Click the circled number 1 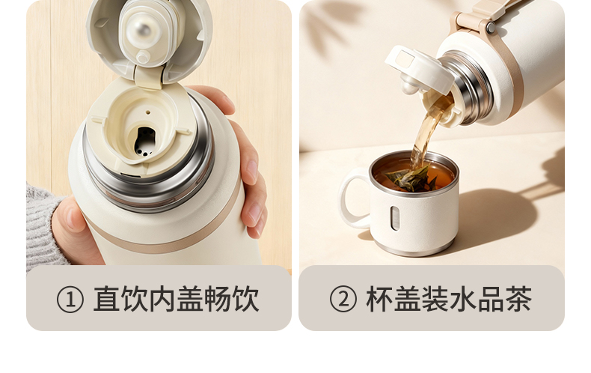pyautogui.click(x=70, y=300)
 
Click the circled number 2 pyautogui.click(x=343, y=299)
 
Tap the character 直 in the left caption pyautogui.click(x=107, y=299)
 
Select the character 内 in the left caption pyautogui.click(x=163, y=299)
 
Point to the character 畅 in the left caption pyautogui.click(x=218, y=299)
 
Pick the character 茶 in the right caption pyautogui.click(x=518, y=299)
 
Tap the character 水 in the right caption pyautogui.click(x=463, y=299)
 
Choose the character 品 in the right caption pyautogui.click(x=491, y=299)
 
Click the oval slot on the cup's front pyautogui.click(x=394, y=218)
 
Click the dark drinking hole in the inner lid pyautogui.click(x=144, y=142)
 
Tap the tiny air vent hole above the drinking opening pyautogui.click(x=148, y=112)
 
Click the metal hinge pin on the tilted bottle pyautogui.click(x=490, y=27)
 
